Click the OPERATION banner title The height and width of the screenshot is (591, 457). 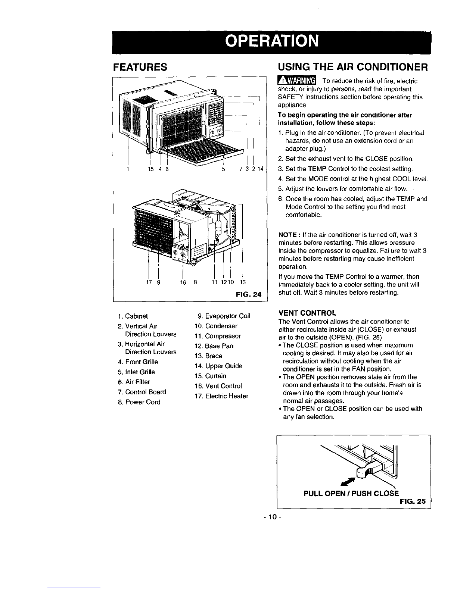point(272,41)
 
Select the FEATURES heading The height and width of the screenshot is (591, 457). point(140,67)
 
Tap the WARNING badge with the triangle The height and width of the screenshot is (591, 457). point(297,81)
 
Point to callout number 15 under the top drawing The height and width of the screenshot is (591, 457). point(150,169)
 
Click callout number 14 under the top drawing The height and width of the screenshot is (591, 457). point(261,169)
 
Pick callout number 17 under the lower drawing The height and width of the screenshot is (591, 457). point(149,282)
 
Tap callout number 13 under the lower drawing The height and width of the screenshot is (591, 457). point(243,282)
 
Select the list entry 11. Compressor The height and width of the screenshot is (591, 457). point(218,336)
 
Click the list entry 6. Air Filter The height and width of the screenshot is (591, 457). point(134,382)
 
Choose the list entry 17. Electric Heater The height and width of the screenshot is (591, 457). point(221,396)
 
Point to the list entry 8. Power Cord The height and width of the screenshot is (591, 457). point(139,402)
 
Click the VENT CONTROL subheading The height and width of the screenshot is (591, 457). point(307,313)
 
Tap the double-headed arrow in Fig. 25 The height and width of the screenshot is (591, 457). point(348,482)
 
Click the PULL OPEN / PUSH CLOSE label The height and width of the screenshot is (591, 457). point(351,494)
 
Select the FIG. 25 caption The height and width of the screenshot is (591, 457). point(413,501)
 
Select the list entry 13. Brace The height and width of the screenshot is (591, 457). point(208,356)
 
